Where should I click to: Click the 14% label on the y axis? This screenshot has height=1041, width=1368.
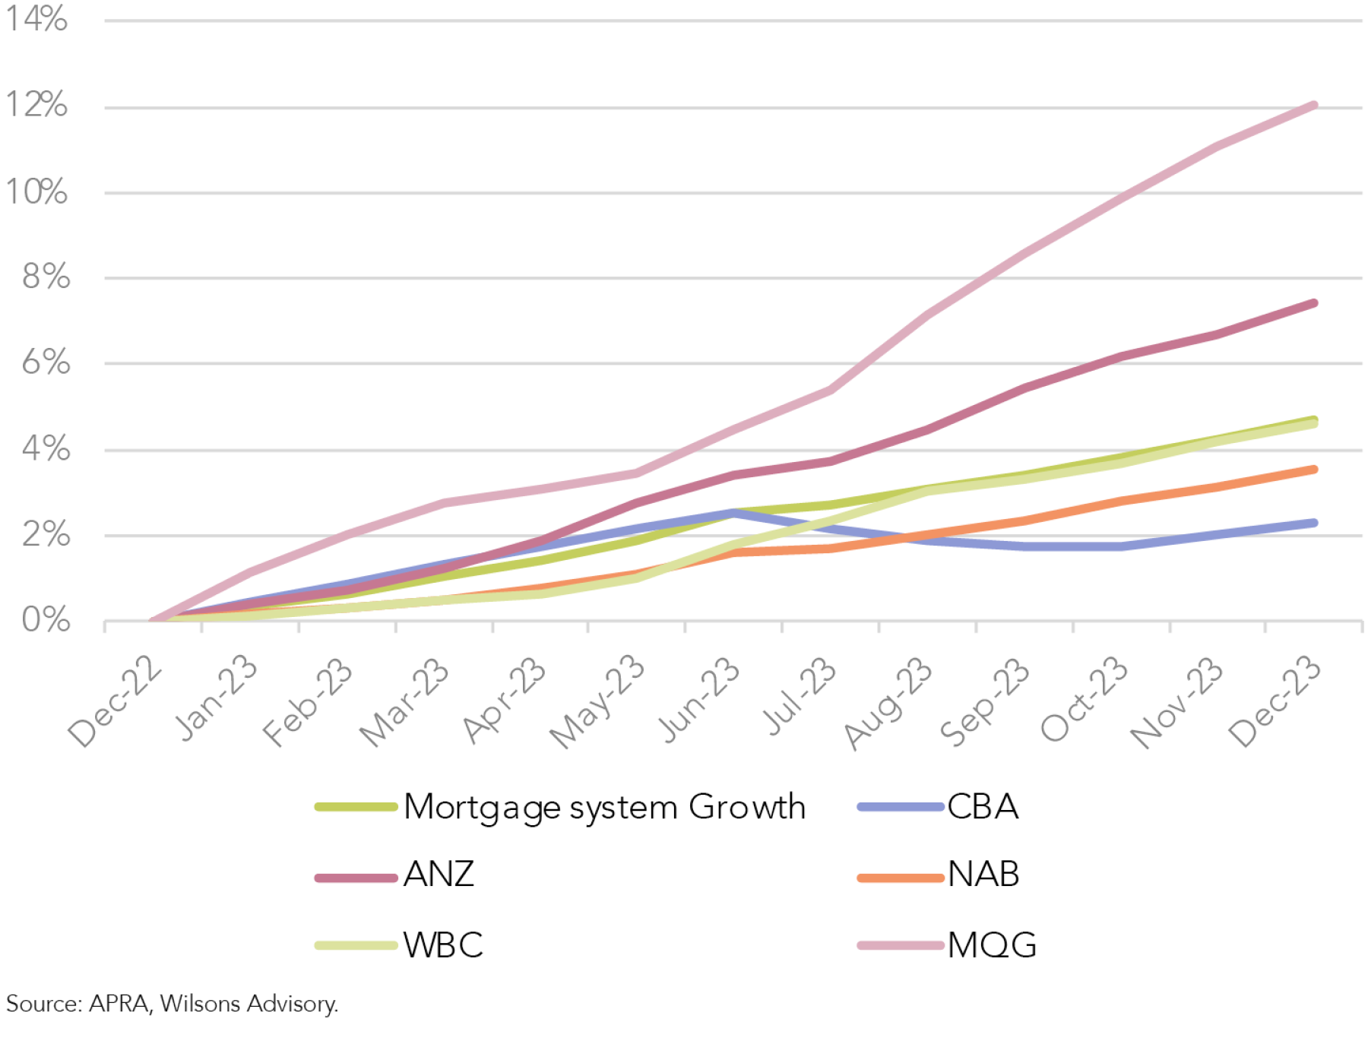pos(36,19)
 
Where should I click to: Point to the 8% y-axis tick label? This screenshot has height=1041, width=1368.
pos(46,277)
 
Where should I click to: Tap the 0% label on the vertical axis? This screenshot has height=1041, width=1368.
pos(46,620)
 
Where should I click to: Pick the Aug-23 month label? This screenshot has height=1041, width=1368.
pos(888,703)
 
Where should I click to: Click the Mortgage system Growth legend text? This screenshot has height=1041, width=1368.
pos(604,807)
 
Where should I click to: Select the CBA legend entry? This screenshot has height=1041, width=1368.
pos(982,807)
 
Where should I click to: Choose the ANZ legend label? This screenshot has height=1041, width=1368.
pos(439,875)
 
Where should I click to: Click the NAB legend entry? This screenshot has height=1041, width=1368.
pos(983,875)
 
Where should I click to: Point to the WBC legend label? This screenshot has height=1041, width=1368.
pos(443,945)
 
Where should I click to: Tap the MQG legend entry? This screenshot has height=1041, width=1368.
pos(991,945)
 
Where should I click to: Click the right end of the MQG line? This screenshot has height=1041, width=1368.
pos(1313,106)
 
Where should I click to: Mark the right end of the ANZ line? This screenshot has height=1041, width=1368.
pos(1313,304)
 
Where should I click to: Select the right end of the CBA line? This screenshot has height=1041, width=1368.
pos(1313,523)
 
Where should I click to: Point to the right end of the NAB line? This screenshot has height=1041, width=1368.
pos(1313,470)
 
